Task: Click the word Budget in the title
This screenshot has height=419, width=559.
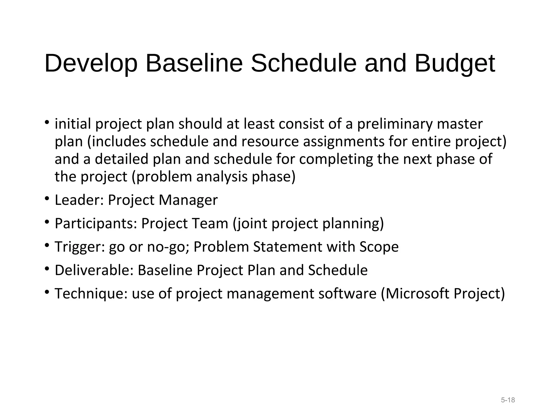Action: pyautogui.click(x=454, y=63)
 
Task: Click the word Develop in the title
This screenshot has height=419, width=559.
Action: pyautogui.click(x=91, y=63)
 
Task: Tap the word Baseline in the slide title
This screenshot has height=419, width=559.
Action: pyautogui.click(x=194, y=63)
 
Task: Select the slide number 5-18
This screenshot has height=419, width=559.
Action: pyautogui.click(x=508, y=400)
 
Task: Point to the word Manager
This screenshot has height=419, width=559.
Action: pyautogui.click(x=188, y=200)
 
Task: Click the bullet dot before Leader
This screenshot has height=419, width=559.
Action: pyautogui.click(x=47, y=199)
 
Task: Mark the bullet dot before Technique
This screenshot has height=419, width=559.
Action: pyautogui.click(x=47, y=292)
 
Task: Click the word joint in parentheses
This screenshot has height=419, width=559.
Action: pyautogui.click(x=252, y=223)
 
